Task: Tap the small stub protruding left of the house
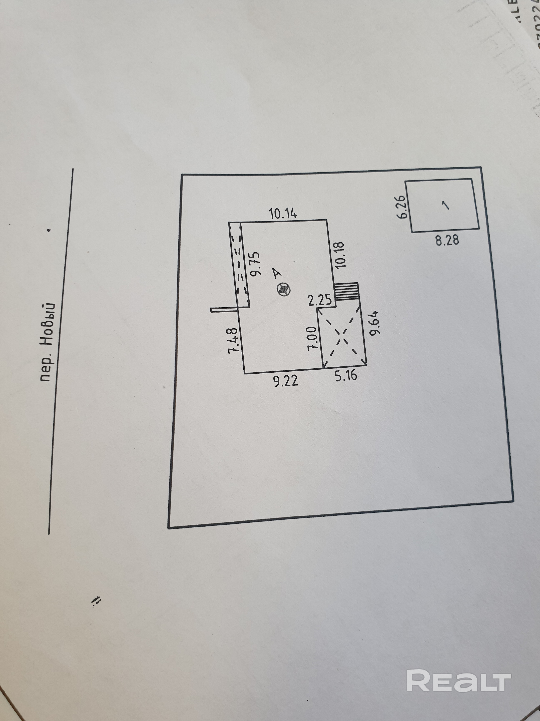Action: [x=225, y=310]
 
